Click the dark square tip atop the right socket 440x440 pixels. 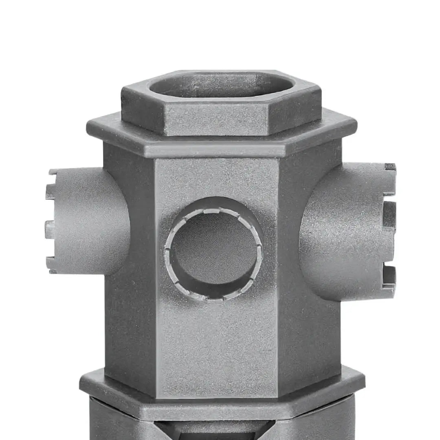(390, 167)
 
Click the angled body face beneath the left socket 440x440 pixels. (130, 326)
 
